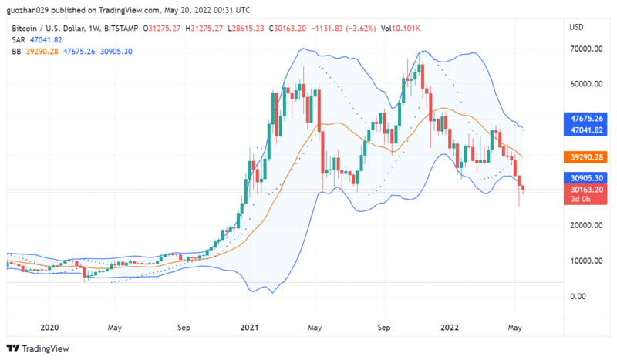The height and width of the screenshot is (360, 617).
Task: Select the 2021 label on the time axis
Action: click(x=248, y=327)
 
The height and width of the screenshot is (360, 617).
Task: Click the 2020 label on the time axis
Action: click(x=49, y=327)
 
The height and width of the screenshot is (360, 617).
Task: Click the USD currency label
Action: click(x=576, y=28)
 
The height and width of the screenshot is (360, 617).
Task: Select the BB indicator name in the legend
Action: click(x=17, y=52)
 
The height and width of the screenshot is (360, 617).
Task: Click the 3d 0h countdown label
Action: click(x=581, y=200)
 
